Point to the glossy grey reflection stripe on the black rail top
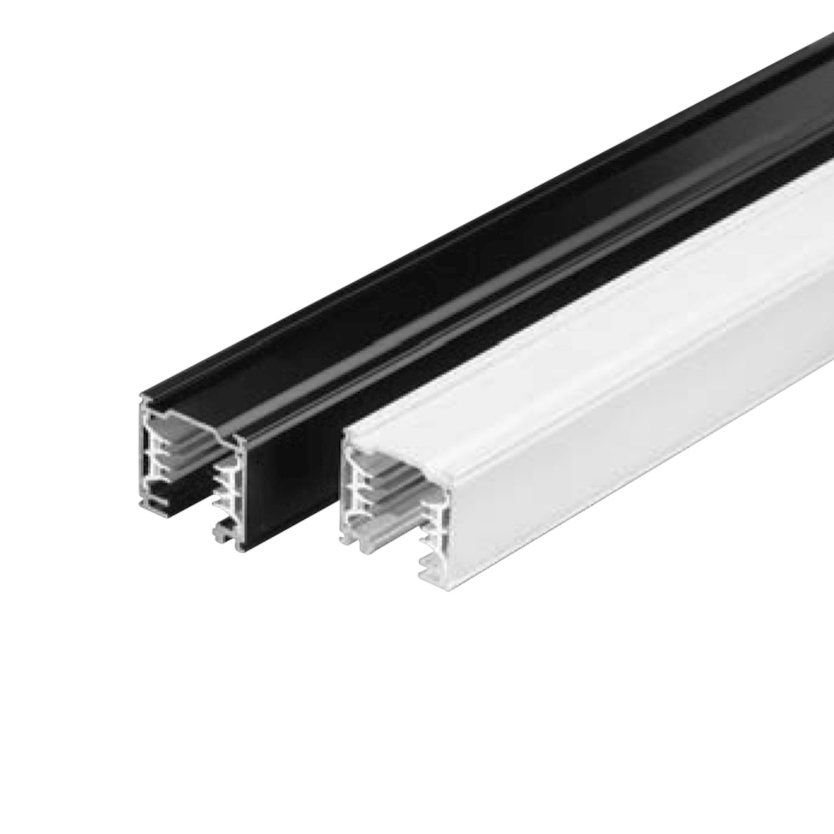(445, 311)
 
